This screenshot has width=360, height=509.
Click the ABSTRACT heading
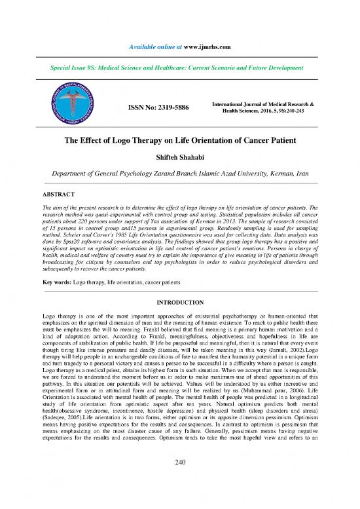tap(60, 194)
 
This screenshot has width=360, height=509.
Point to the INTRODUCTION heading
tap(180, 303)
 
